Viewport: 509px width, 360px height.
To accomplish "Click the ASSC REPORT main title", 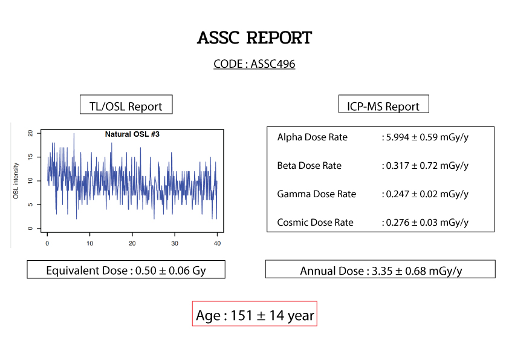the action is pyautogui.click(x=254, y=38).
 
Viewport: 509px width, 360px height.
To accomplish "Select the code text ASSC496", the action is pyautogui.click(x=273, y=64).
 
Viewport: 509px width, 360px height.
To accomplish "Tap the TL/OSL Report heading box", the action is pyautogui.click(x=126, y=105).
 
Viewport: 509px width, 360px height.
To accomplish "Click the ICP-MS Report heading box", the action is pyautogui.click(x=384, y=104).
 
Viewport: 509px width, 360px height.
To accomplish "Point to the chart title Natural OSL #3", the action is pyautogui.click(x=132, y=134).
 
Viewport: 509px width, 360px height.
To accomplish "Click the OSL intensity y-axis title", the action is pyautogui.click(x=16, y=181).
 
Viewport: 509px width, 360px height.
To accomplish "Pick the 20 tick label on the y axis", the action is pyautogui.click(x=30, y=133).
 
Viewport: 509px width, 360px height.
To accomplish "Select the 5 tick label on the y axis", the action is pyautogui.click(x=30, y=205).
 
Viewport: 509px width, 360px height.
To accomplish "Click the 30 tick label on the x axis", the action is pyautogui.click(x=175, y=243).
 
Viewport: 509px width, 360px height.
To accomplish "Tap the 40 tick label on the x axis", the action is pyautogui.click(x=217, y=243).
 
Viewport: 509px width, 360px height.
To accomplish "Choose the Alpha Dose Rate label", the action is pyautogui.click(x=313, y=137).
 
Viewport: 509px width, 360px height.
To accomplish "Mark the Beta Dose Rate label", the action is pyautogui.click(x=310, y=166).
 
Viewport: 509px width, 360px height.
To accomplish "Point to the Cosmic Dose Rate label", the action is pyautogui.click(x=315, y=223).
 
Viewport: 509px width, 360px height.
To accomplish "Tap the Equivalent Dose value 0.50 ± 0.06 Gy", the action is pyautogui.click(x=170, y=270).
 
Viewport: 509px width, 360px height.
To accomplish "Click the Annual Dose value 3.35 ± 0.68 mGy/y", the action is pyautogui.click(x=417, y=271).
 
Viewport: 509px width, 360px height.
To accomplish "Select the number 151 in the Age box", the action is pyautogui.click(x=242, y=315).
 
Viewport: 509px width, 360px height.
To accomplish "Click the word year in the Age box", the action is pyautogui.click(x=300, y=316).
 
